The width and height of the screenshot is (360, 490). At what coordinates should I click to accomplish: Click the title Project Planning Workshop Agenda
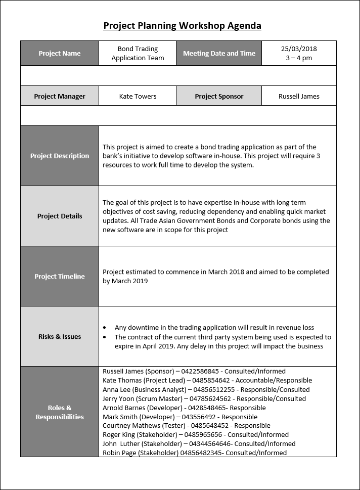(182, 26)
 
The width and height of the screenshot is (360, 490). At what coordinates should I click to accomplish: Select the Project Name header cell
(60, 54)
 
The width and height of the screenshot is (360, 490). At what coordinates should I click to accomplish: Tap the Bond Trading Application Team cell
(138, 54)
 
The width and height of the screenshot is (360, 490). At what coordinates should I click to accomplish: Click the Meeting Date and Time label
(219, 54)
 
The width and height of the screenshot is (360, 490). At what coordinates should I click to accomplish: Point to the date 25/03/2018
(299, 49)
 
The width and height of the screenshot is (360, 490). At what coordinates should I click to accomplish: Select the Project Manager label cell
(60, 96)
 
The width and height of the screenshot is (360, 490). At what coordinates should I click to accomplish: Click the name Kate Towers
(138, 96)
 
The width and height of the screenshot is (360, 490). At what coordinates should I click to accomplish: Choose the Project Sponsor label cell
(219, 96)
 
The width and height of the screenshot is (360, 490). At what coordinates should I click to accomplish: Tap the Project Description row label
(60, 156)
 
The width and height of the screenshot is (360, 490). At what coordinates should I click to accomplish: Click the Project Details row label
(60, 216)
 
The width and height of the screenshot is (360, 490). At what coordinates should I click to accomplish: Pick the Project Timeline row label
(60, 276)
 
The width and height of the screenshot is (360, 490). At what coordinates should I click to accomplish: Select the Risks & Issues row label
(60, 336)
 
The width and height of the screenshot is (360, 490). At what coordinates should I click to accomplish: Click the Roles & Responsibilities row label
(60, 412)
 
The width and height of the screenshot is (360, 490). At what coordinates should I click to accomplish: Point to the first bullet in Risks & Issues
(104, 328)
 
